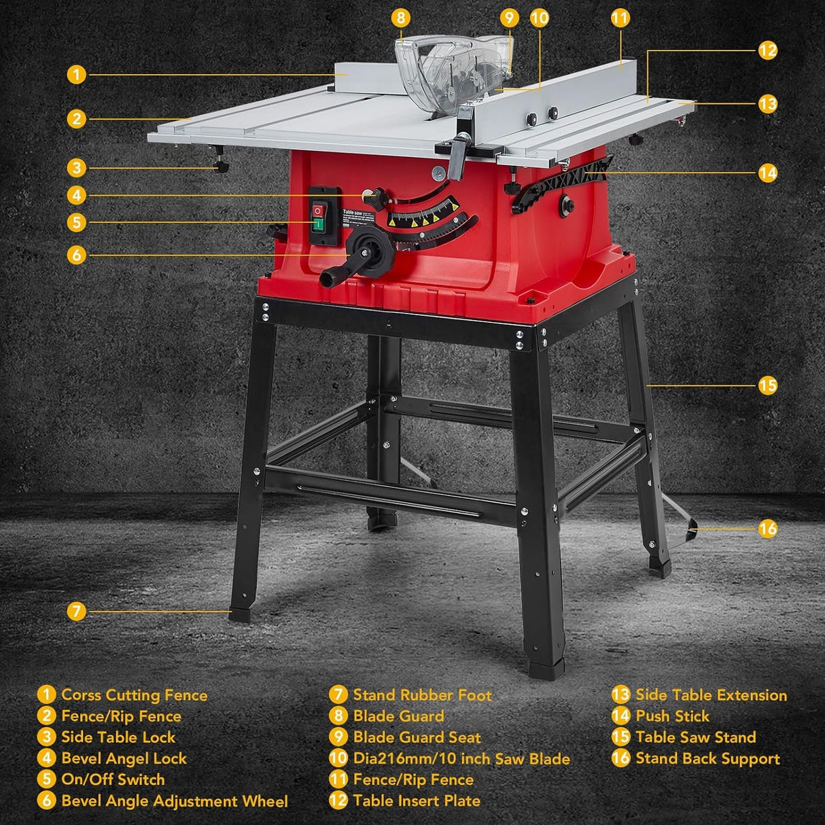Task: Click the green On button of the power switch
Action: (x=317, y=224)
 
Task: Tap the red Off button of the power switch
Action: (x=317, y=211)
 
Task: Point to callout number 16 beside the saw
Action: (x=767, y=529)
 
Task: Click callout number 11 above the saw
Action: (x=620, y=18)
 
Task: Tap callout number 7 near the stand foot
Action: (x=77, y=611)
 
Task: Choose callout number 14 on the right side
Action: (x=767, y=173)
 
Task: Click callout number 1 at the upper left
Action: (x=77, y=74)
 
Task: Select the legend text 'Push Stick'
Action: (x=672, y=716)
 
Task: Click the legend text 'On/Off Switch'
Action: (x=113, y=779)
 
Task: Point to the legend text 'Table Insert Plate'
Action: (x=416, y=801)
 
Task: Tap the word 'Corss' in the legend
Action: (x=81, y=695)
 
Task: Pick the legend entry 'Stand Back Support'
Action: (x=707, y=758)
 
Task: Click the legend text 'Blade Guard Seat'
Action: (x=417, y=737)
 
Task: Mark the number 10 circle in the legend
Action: (x=338, y=758)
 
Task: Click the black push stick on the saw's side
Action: (x=561, y=181)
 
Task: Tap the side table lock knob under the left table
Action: (x=222, y=167)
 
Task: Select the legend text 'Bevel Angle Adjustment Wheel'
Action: (x=174, y=801)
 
